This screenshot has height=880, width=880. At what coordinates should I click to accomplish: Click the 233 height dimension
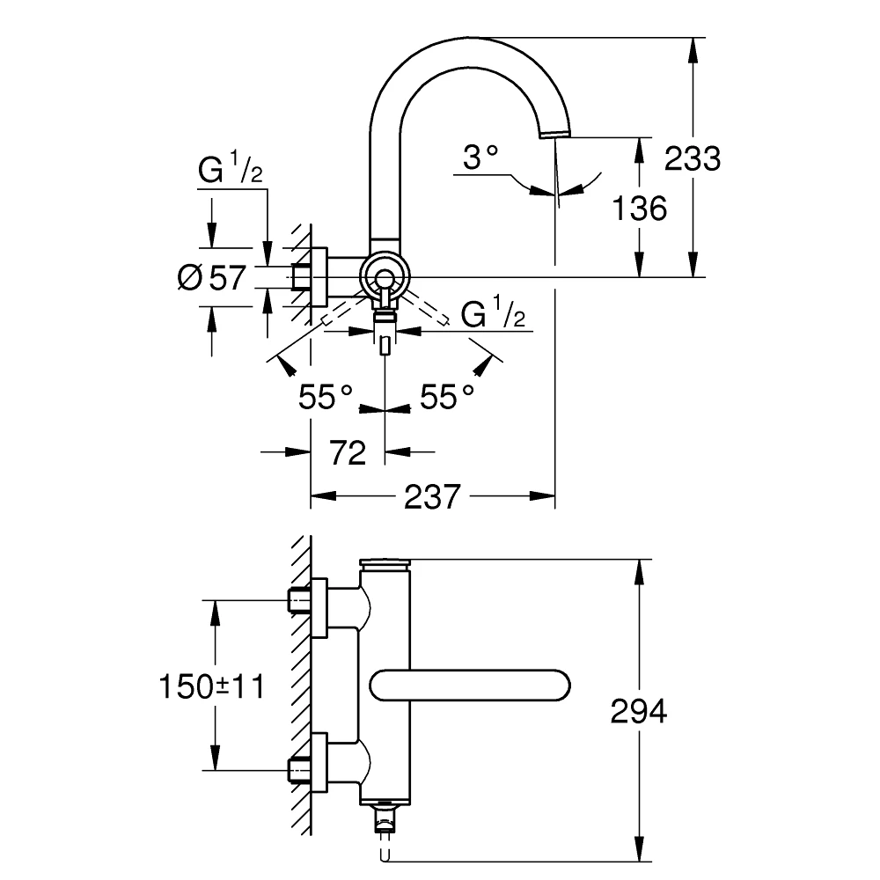coord(692,158)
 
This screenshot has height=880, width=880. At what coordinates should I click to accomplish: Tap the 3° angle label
coord(480,158)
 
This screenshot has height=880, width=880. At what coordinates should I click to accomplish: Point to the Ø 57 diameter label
coord(210,278)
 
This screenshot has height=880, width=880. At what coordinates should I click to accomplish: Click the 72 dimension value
coord(347,453)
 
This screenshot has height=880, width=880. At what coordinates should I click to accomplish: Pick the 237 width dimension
coord(432,497)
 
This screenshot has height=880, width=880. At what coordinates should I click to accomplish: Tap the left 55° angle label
coord(326,398)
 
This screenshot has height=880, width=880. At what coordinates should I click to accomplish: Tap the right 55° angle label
coord(446,398)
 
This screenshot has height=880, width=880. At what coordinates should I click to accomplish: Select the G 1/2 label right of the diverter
coord(493,314)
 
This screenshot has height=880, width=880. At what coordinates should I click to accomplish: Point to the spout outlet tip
coord(555,133)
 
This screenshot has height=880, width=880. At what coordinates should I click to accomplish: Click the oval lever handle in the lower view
coord(470,685)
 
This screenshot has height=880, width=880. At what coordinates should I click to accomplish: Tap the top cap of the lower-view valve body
coord(385,564)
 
